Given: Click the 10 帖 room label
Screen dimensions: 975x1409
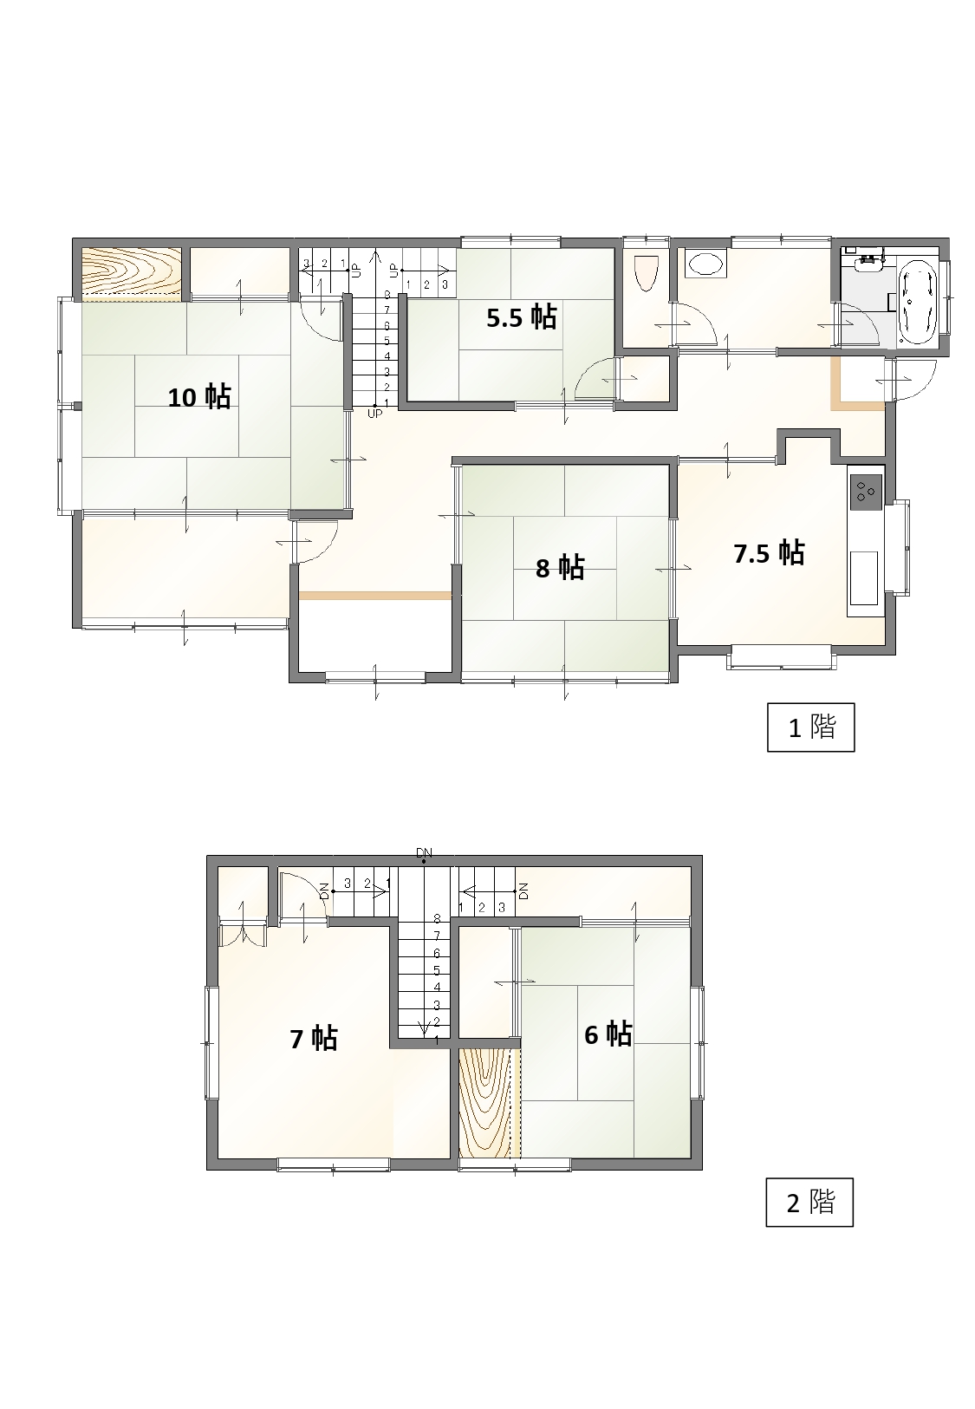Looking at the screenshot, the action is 198,397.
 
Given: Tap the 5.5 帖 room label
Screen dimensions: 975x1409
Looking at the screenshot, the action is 521,317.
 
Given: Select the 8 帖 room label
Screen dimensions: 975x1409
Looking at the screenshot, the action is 560,567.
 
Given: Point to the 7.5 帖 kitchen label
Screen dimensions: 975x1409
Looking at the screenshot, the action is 768,553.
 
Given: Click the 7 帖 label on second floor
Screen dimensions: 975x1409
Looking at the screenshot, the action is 313,1039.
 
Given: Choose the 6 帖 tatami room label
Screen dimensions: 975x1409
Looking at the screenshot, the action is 608,1034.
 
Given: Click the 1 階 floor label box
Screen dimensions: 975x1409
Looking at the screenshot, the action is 810,727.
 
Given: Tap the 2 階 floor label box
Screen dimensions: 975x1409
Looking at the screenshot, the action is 809,1202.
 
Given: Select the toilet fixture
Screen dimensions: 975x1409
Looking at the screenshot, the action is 647,272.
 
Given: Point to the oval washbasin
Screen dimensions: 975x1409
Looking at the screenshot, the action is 706,264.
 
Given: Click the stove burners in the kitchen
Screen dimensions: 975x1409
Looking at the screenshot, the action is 866,492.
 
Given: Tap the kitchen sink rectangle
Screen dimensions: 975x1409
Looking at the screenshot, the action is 864,578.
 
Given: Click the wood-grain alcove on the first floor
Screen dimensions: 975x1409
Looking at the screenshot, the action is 132,271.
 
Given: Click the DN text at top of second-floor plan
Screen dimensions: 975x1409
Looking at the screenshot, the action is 425,853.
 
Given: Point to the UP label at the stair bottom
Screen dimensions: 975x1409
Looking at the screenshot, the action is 374,414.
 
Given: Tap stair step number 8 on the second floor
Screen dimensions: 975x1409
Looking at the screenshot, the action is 437,918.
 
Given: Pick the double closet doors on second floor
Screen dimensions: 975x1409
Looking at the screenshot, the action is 242,935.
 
